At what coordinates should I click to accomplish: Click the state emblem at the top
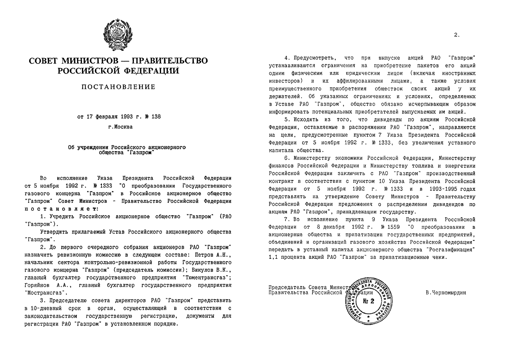118,34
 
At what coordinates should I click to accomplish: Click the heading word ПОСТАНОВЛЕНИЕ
118,87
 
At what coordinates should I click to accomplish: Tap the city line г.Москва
118,127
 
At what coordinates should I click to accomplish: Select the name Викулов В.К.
217,270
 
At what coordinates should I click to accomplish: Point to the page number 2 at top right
457,35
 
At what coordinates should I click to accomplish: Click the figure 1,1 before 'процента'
274,257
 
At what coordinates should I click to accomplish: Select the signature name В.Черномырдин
446,292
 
